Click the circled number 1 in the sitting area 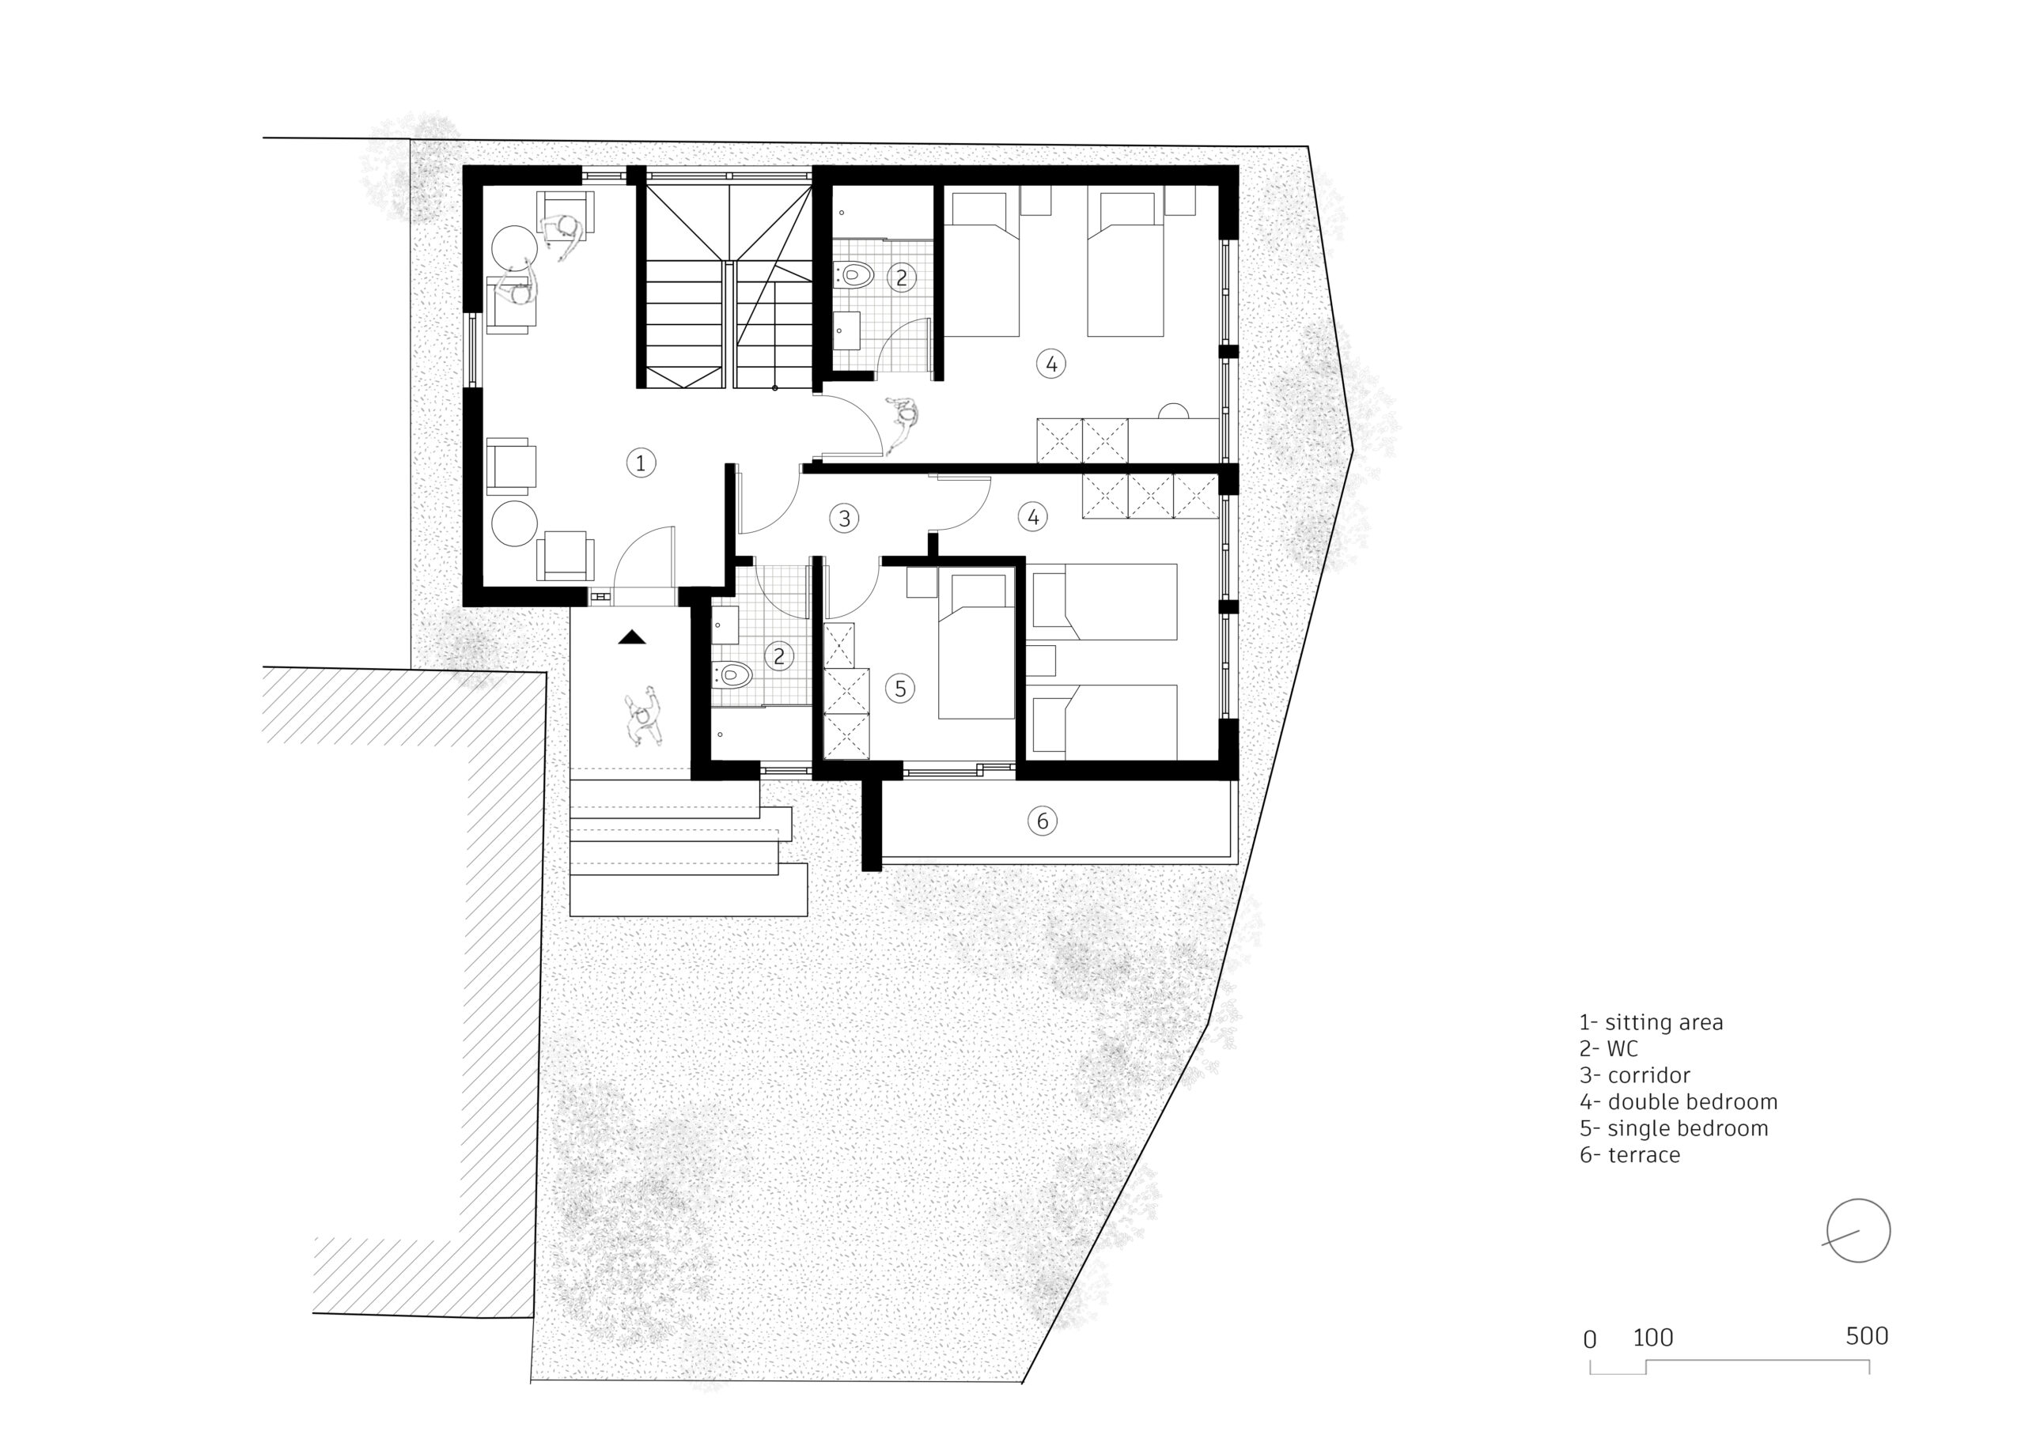(642, 462)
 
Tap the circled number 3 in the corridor (844, 519)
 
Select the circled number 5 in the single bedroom (899, 689)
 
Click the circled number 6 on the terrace (1042, 821)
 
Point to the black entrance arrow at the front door (631, 637)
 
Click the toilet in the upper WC (854, 274)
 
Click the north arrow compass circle (1858, 1231)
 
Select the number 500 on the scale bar (1866, 1337)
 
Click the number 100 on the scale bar (1652, 1338)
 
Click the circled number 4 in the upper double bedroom (1050, 363)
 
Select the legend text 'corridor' (1648, 1076)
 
